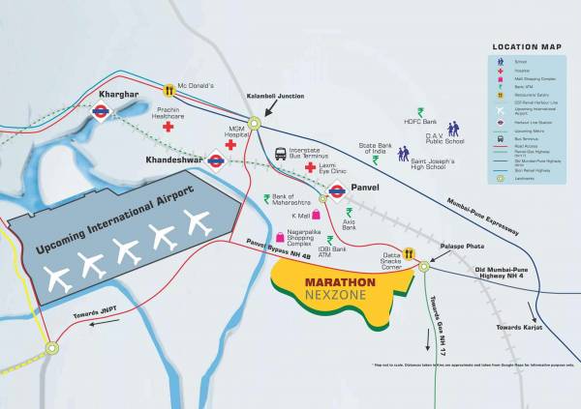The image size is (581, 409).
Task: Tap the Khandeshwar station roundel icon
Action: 215,160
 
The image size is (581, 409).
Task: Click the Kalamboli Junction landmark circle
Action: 254,124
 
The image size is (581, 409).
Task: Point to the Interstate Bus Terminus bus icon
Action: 281,153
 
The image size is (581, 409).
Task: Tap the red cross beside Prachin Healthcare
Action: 168,127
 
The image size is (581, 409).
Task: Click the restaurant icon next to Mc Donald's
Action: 168,89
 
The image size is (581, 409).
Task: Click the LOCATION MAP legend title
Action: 528,46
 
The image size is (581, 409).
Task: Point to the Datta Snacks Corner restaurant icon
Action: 410,253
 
